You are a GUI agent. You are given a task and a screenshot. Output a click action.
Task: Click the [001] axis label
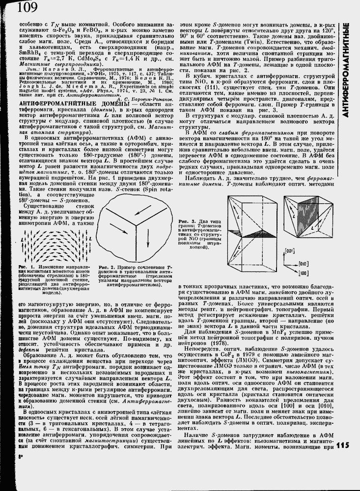(290, 251)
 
